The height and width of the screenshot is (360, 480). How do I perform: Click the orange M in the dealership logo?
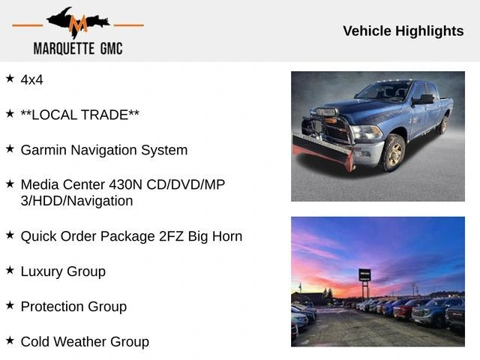coord(78,24)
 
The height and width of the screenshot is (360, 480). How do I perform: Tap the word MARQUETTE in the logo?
coord(64,49)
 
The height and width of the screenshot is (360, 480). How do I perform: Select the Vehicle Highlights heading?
coord(403,31)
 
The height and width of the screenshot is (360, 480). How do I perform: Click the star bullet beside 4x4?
coord(10,78)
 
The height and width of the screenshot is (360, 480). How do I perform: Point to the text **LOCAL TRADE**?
coord(80,115)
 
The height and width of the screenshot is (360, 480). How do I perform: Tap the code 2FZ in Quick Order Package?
coord(171,236)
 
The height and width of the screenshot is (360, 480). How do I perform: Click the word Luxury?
coord(42,271)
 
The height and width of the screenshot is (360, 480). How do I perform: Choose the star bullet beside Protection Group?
coord(10,305)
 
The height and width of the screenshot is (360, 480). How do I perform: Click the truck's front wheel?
coord(393,152)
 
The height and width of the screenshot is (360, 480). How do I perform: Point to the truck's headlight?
coord(367,133)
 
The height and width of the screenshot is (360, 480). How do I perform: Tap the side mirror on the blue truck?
coord(423,99)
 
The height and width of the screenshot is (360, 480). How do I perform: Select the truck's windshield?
coord(383,91)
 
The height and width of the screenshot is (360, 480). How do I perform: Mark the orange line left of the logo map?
coord(28,25)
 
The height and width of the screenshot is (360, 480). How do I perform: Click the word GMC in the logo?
coord(112,49)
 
